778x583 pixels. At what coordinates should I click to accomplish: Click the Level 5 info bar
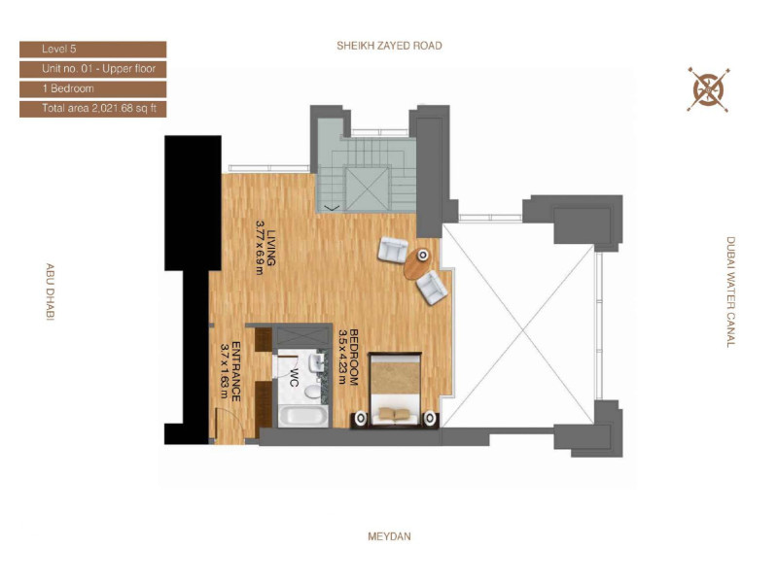tap(92, 50)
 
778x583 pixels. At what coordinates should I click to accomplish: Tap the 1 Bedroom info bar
tap(92, 88)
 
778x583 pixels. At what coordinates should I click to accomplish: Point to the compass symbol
tap(709, 89)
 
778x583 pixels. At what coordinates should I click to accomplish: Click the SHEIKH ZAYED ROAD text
tap(389, 46)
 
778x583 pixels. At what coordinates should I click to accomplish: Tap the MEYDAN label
tap(389, 536)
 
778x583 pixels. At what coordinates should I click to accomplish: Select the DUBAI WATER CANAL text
tap(730, 292)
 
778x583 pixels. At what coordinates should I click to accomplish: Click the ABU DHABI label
tap(51, 292)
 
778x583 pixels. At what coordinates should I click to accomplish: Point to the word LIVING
tap(271, 248)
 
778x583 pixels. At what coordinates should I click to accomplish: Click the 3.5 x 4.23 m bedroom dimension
tap(342, 357)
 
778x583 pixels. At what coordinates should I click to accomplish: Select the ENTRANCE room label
tap(236, 371)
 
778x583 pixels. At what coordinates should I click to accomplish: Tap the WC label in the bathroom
tap(294, 378)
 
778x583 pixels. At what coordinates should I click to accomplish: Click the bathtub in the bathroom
tap(303, 417)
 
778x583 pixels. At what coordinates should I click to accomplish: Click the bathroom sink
tap(314, 362)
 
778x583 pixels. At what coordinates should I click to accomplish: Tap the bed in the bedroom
tap(395, 390)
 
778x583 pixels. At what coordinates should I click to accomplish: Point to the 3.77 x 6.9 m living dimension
tap(259, 248)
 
